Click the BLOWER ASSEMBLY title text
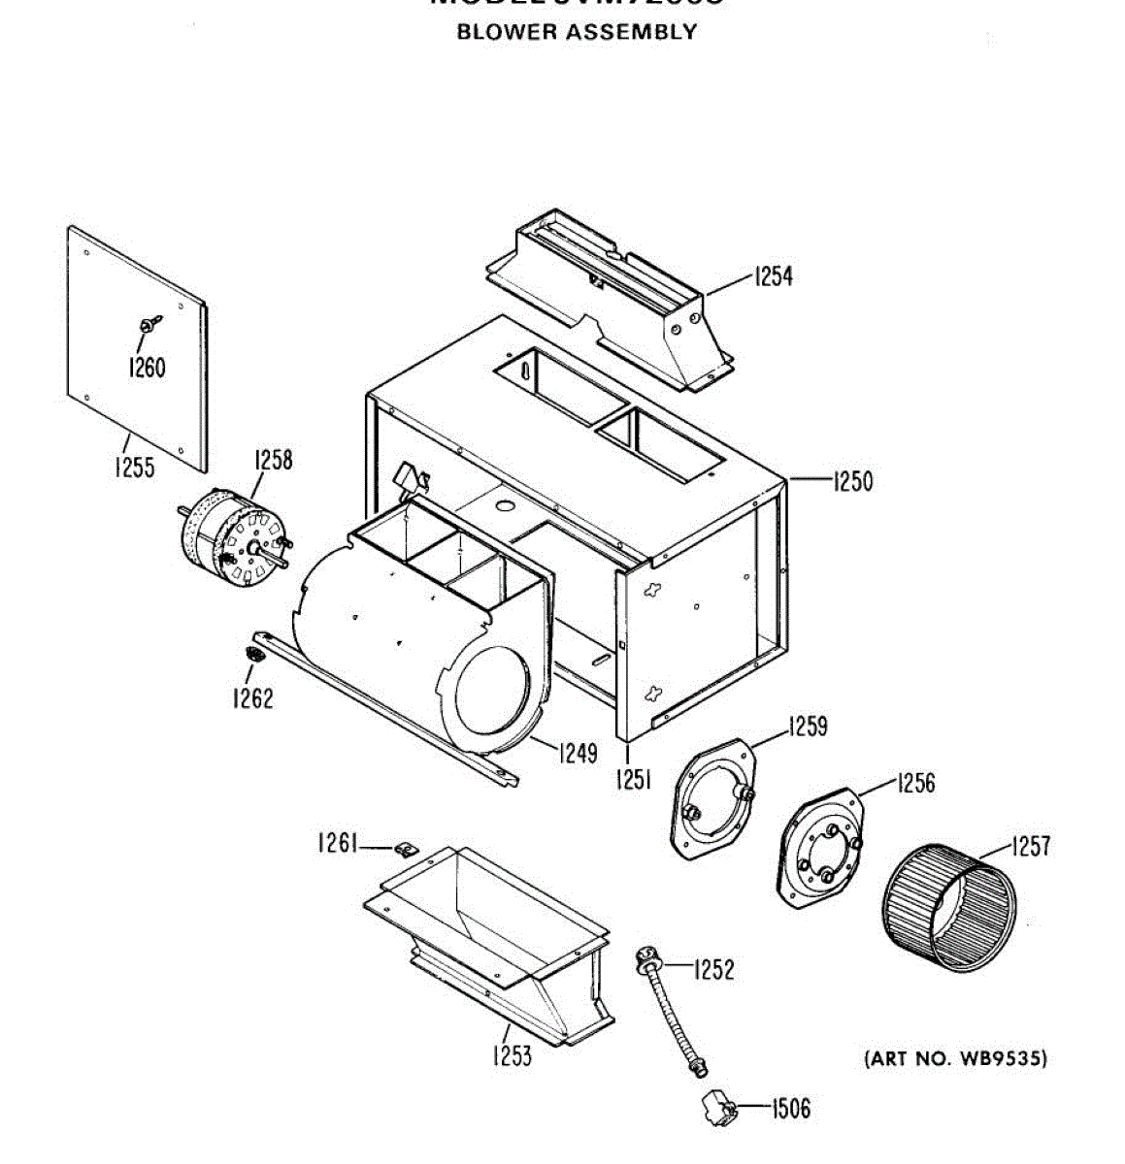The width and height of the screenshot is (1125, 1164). (x=577, y=31)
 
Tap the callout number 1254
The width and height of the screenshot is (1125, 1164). (x=774, y=276)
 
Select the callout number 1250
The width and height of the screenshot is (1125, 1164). (x=852, y=480)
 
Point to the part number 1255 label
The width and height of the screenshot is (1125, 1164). (x=134, y=468)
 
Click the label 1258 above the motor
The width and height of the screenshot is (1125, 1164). (x=273, y=459)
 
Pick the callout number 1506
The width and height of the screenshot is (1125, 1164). (x=791, y=1108)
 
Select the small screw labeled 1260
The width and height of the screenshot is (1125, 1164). (x=149, y=325)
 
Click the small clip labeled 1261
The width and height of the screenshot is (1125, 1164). (x=407, y=850)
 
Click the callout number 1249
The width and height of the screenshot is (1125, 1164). (x=578, y=752)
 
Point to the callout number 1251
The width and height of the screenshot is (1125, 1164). (x=633, y=779)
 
